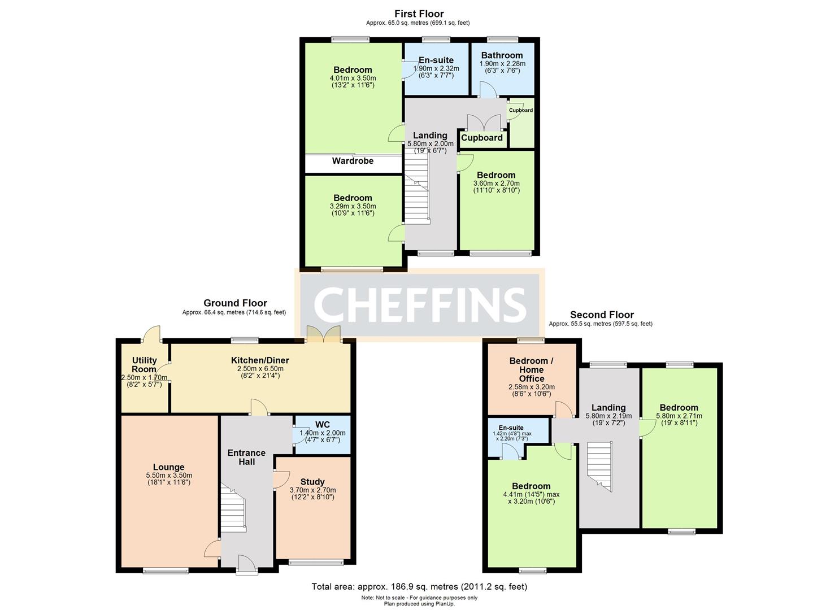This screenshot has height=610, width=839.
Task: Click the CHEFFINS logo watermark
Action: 419,304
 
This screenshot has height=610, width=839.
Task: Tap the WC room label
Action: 323,424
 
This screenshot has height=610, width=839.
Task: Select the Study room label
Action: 312,482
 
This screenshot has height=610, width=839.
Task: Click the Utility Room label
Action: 144,365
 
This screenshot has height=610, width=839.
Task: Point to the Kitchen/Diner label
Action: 260,360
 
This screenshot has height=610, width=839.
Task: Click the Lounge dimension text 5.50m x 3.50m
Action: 168,476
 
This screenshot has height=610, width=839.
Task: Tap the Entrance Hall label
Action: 246,457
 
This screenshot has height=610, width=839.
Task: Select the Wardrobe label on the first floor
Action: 353,161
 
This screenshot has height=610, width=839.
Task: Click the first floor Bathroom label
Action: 502,55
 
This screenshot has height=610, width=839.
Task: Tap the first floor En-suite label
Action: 436,60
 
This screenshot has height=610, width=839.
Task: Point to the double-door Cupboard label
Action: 482,138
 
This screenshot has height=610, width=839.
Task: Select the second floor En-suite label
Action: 511,428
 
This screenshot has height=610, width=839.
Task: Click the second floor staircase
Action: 599,463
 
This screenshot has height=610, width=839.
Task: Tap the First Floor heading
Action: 419,14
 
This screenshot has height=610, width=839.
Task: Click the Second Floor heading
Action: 602,315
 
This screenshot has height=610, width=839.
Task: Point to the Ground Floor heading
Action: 235,303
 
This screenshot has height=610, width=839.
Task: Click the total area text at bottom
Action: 419,586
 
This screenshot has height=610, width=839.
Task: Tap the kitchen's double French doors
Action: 323,334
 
